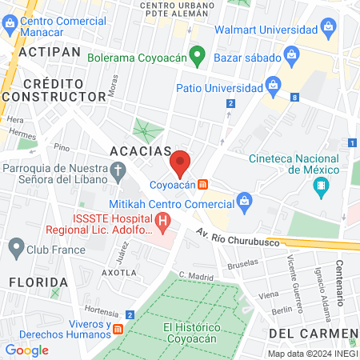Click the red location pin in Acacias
coord(181,162)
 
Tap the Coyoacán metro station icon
coord(204,184)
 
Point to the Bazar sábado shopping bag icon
coord(291,56)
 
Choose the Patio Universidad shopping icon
coord(272,84)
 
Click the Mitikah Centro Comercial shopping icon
coord(244,205)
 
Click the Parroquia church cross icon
coord(118,170)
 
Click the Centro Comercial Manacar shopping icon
coord(10,23)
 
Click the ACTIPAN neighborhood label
coord(49,50)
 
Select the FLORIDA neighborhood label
coord(38,282)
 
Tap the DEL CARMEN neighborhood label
coord(312,332)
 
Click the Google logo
coord(26,350)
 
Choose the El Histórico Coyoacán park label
coord(190,332)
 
